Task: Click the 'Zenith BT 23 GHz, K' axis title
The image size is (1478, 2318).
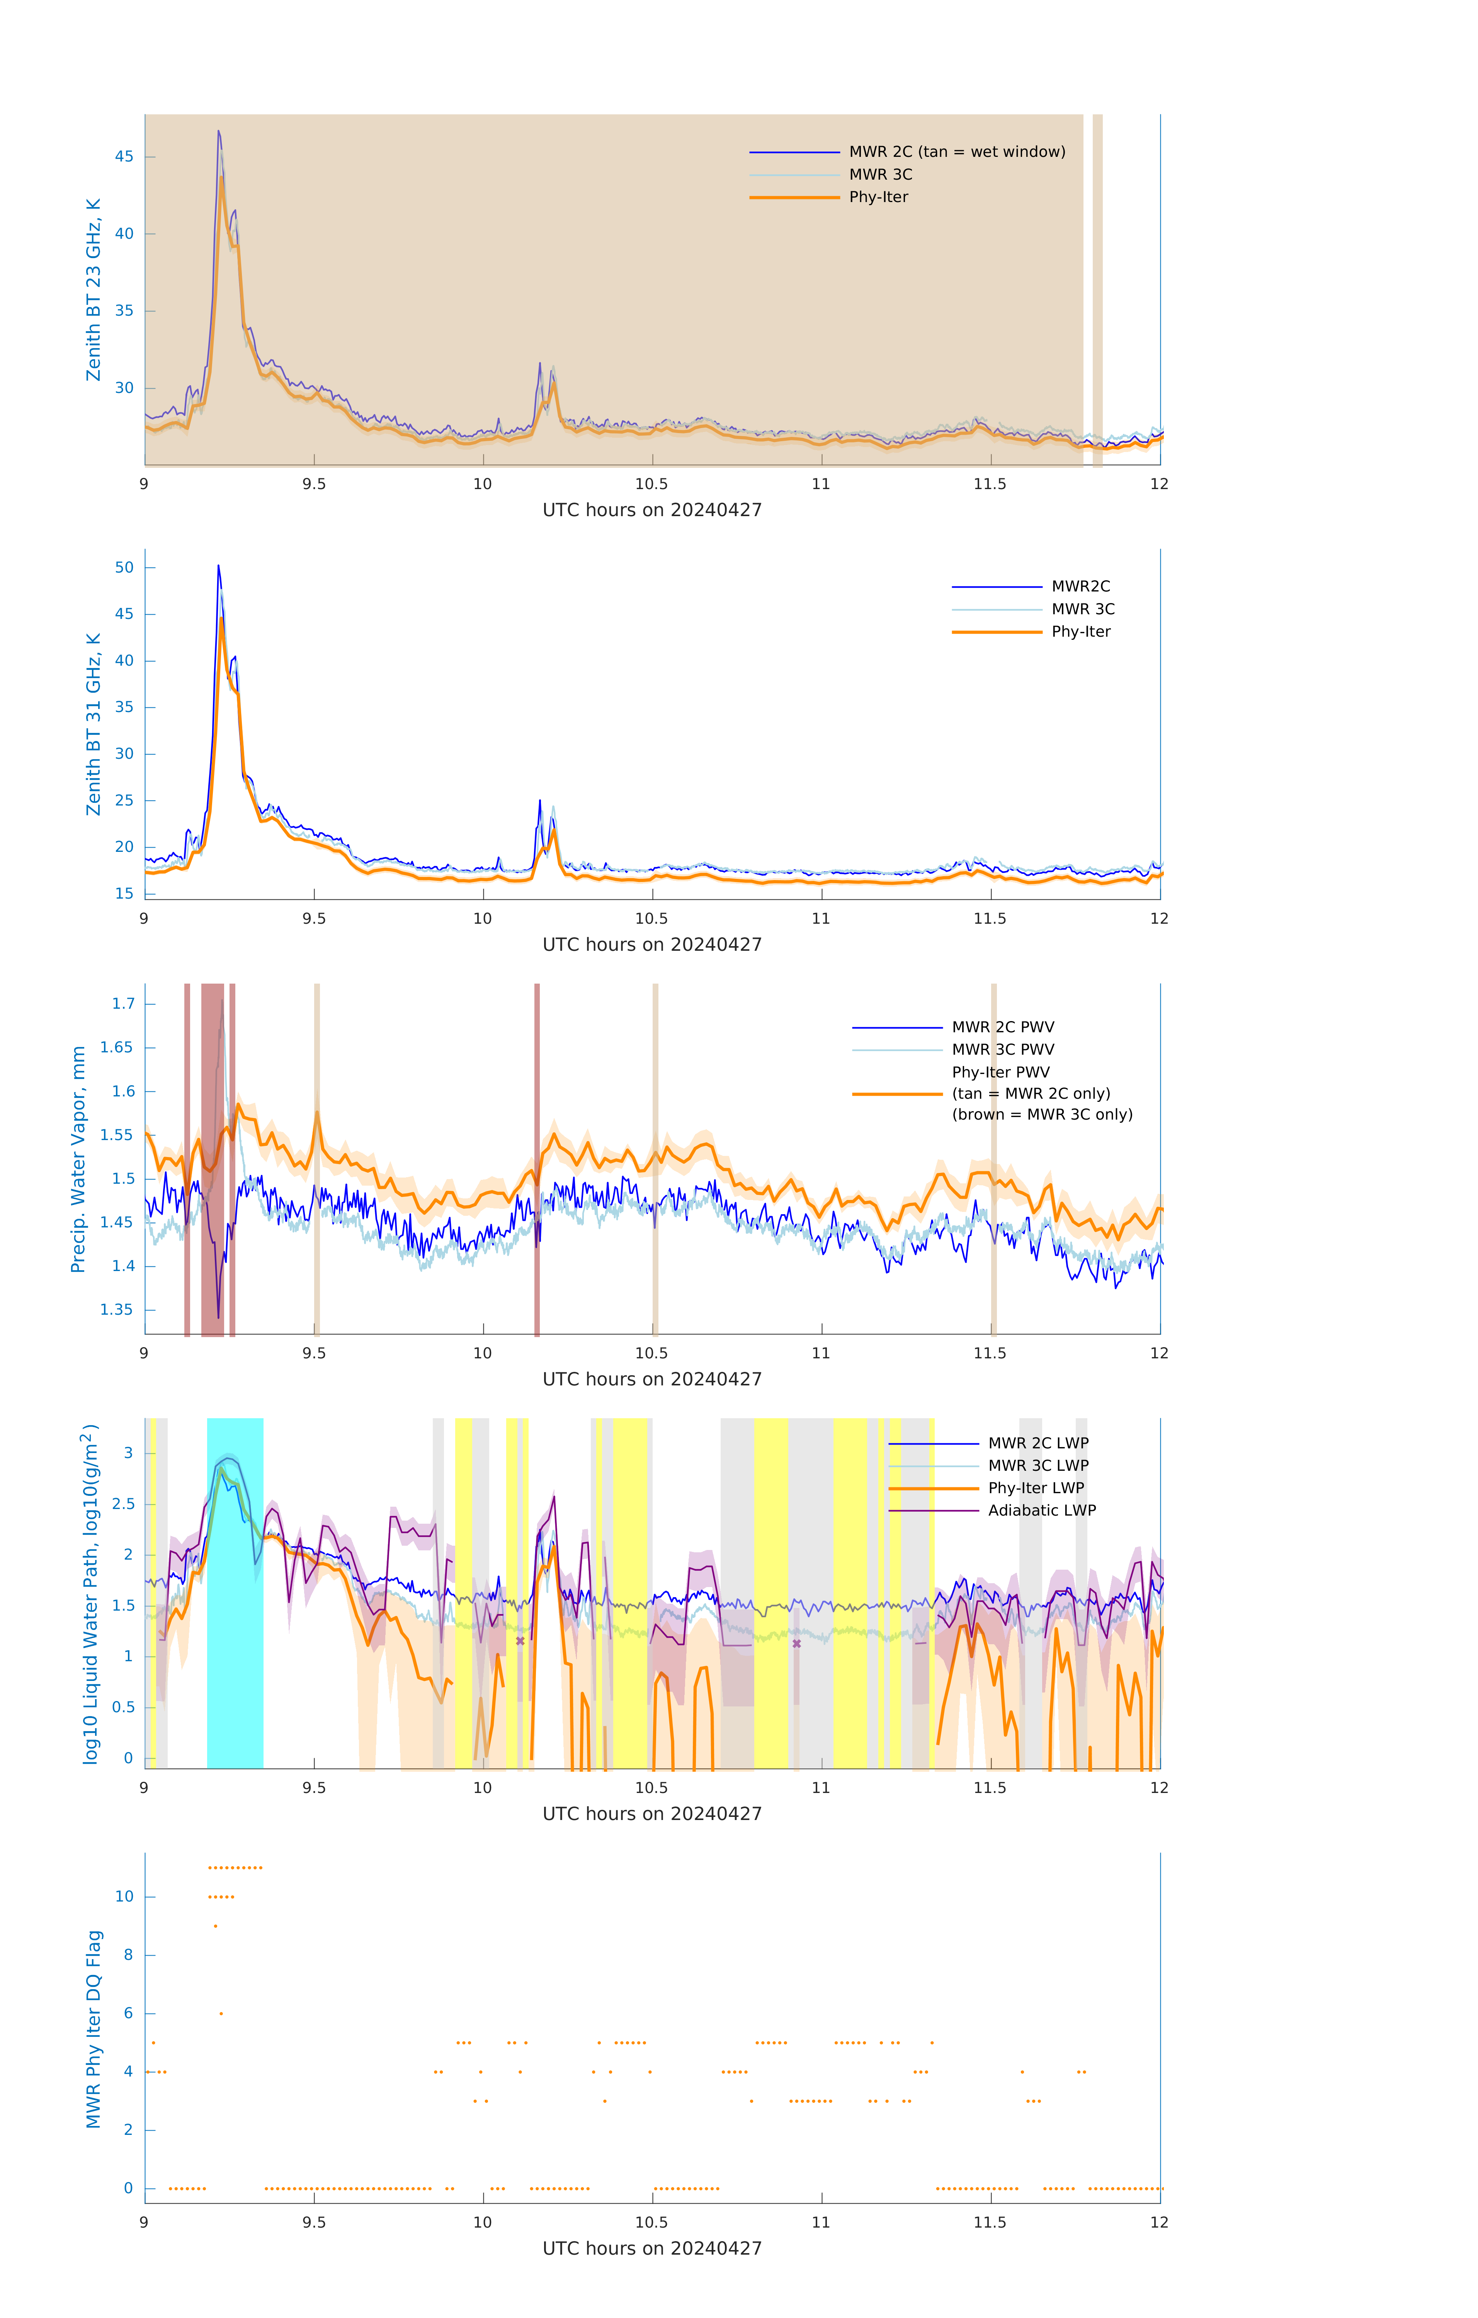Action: pos(94,290)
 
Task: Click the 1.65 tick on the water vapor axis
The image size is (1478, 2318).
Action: pos(117,1047)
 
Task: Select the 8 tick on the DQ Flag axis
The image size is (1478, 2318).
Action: pos(128,1955)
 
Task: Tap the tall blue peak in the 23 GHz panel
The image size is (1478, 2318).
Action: pos(219,132)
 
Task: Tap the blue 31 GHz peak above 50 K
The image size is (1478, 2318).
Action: pos(219,567)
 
